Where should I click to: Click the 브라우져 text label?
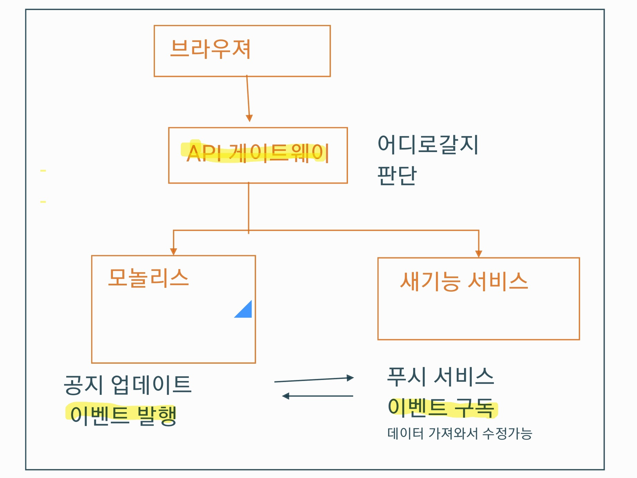(210, 49)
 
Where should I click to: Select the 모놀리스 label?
(148, 278)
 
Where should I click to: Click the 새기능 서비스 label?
(464, 281)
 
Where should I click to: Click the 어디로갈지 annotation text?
(428, 144)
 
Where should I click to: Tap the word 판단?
(396, 175)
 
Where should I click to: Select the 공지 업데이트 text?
(128, 385)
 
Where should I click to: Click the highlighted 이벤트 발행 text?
(123, 415)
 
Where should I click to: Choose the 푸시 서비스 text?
(440, 377)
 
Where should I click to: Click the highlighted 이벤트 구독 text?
(441, 407)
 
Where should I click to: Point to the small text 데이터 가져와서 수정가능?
(460, 433)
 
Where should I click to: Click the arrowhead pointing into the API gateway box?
(249, 118)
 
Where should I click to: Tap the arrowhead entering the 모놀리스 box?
(174, 252)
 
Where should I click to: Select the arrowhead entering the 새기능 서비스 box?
(479, 254)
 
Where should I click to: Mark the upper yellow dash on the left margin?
(43, 170)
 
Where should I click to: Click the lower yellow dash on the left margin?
(43, 202)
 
